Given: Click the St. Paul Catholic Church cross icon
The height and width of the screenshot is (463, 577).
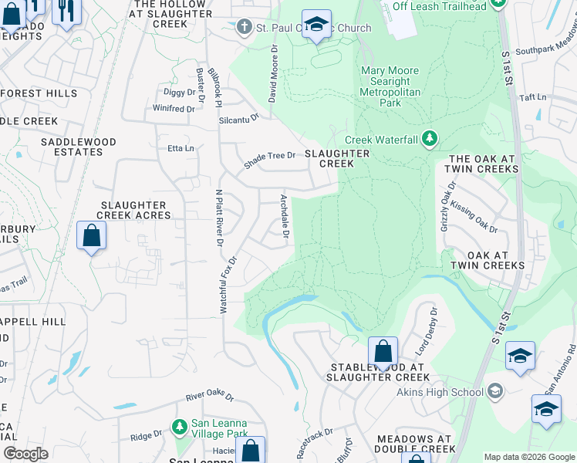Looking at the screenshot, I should (245, 28).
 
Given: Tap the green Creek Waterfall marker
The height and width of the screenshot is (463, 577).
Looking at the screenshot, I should (430, 140).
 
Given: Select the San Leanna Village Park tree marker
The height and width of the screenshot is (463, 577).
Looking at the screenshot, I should (179, 427).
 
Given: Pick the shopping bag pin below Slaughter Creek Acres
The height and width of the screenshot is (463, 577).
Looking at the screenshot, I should (91, 236).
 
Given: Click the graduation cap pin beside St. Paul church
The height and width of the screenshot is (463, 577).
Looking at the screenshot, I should (316, 25).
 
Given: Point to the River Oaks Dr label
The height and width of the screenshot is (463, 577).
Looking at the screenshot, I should (209, 396).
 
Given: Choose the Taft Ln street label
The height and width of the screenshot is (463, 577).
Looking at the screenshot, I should (532, 97).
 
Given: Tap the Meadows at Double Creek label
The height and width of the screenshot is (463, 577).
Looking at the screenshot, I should (415, 444).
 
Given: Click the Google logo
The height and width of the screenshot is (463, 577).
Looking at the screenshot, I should (25, 454).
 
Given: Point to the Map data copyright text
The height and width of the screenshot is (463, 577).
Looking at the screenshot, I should (528, 457).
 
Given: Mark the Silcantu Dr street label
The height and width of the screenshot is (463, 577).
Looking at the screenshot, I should (239, 118).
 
